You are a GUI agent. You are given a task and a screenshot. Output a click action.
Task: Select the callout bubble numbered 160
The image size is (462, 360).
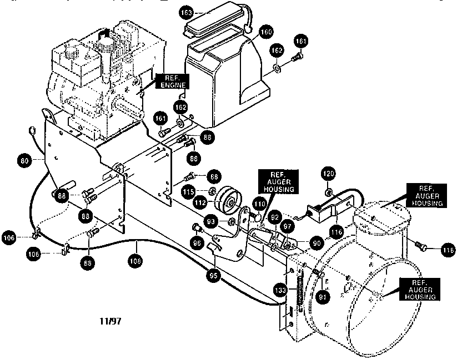[x=267, y=33]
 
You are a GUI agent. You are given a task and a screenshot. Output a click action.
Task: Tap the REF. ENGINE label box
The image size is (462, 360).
[x=171, y=81]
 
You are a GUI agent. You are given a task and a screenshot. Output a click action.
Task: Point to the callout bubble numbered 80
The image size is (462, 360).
[x=24, y=161]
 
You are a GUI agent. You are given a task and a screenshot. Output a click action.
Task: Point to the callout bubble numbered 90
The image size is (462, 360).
[x=316, y=242]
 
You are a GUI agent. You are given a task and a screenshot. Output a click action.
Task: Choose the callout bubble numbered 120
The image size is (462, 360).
[x=328, y=175]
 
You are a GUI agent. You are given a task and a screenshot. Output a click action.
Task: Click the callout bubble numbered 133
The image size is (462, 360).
[x=282, y=290]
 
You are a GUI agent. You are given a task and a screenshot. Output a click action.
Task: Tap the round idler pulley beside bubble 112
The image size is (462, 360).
[x=228, y=201]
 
